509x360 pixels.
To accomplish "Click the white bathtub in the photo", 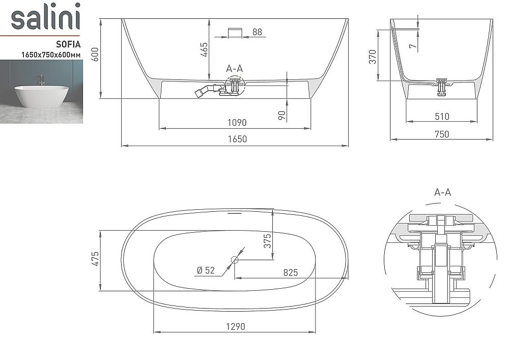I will tap(40, 95).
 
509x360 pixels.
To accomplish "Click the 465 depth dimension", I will tap(204, 51).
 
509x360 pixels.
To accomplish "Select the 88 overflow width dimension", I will tap(257, 32).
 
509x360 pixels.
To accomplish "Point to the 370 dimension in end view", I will tap(373, 56).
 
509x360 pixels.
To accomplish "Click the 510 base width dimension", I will tap(442, 117).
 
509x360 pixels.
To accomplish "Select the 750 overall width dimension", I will tap(442, 134).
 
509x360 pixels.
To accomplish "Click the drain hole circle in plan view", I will tap(235, 260).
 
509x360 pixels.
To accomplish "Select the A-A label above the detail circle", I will tap(442, 192).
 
